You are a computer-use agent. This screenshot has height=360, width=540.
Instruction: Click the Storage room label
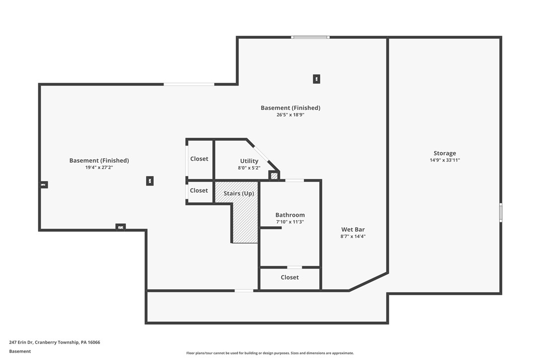445,153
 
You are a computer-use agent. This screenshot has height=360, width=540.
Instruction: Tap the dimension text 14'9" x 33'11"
445,160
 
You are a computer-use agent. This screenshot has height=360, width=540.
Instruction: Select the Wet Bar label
353,230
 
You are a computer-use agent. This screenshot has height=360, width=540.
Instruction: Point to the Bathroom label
290,215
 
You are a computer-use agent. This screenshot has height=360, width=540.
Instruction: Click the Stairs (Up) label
239,193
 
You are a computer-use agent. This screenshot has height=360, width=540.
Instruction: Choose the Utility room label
249,161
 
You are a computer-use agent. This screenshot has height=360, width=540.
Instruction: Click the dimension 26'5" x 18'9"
290,115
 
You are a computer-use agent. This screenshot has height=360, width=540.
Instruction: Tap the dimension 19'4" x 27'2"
99,168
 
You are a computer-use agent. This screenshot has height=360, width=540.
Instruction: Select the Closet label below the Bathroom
289,277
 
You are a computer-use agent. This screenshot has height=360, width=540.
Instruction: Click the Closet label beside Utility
199,159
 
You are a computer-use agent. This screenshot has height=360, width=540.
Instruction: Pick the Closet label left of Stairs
199,190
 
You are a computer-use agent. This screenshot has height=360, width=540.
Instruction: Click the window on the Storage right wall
501,212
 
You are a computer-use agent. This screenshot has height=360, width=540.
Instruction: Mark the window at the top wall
310,37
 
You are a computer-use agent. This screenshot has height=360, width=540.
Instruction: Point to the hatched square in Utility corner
274,176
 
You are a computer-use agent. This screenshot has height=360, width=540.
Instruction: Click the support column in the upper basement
316,79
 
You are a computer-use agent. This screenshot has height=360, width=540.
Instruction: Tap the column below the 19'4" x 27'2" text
150,181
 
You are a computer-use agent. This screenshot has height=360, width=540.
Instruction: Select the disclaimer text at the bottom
270,353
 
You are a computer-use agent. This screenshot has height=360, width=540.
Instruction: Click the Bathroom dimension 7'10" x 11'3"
290,222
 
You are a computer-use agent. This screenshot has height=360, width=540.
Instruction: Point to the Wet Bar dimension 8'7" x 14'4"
353,237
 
